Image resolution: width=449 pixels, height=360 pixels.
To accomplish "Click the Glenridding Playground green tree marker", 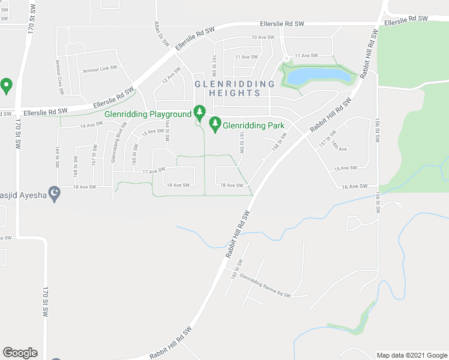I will pyautogui.click(x=199, y=112).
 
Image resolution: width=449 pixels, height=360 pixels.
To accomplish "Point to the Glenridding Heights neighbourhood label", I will pyautogui.click(x=234, y=88).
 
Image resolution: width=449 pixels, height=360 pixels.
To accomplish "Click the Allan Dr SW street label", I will pyautogui.click(x=159, y=31).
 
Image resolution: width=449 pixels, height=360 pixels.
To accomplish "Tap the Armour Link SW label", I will pyautogui.click(x=100, y=69).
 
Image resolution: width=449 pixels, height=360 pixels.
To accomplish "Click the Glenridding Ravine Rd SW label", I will pyautogui.click(x=265, y=286).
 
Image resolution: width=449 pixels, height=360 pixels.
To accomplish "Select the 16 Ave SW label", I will pyautogui.click(x=354, y=187).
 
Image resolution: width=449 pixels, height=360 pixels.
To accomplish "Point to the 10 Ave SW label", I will pyautogui.click(x=263, y=37).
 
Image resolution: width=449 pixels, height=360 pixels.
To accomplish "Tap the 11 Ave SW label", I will pyautogui.click(x=246, y=57).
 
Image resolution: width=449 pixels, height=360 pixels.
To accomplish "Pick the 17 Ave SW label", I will pyautogui.click(x=153, y=172).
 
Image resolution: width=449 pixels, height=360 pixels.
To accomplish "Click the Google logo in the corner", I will pyautogui.click(x=20, y=353).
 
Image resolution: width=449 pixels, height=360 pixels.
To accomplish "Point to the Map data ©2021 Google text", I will pyautogui.click(x=412, y=355).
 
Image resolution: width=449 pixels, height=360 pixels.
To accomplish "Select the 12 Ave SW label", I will pyautogui.click(x=171, y=77).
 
